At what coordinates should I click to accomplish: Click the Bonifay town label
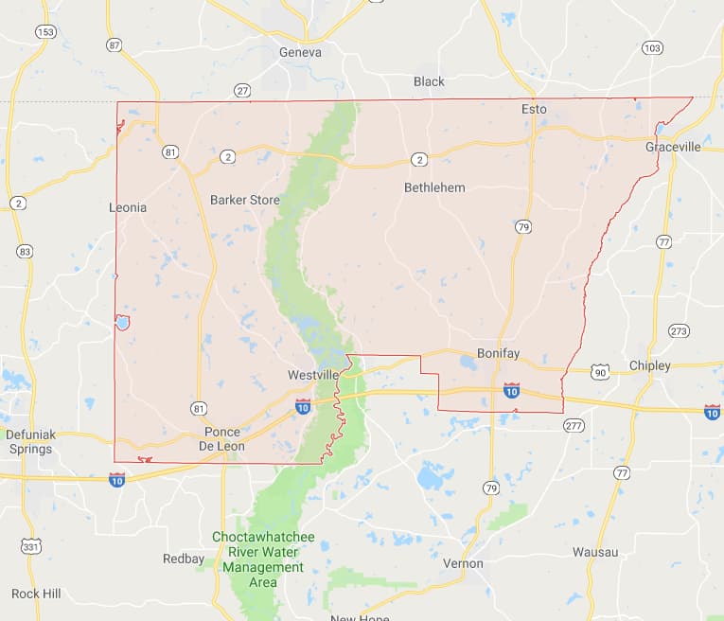(498, 353)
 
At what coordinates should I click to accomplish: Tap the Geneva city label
(300, 53)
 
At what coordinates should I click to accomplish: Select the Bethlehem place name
(434, 187)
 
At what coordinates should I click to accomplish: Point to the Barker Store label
(244, 200)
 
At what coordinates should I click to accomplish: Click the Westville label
(313, 376)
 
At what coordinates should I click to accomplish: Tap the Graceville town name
(673, 147)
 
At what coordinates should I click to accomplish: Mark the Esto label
(534, 110)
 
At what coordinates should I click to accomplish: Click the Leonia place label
(128, 207)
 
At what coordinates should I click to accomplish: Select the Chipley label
(649, 365)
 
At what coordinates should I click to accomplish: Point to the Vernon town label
(463, 563)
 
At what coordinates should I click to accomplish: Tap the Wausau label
(595, 552)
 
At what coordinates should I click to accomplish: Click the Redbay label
(183, 559)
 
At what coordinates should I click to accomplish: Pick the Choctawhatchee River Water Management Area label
(263, 559)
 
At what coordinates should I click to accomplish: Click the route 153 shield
(45, 31)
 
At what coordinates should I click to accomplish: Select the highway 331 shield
(31, 547)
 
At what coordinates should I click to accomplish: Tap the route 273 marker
(679, 330)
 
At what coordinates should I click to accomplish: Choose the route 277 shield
(574, 425)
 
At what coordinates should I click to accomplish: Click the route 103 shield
(652, 48)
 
